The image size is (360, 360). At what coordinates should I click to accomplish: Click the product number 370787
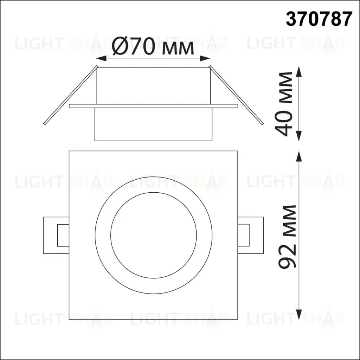click(x=319, y=19)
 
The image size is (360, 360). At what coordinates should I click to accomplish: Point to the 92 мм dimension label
click(x=287, y=237)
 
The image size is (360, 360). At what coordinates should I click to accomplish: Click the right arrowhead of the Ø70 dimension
click(x=205, y=59)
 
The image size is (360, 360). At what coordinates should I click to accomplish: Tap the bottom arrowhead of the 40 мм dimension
click(x=298, y=136)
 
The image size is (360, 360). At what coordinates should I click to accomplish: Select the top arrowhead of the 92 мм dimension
click(x=298, y=156)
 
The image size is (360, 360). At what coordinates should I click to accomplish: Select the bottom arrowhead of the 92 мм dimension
click(x=298, y=314)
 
